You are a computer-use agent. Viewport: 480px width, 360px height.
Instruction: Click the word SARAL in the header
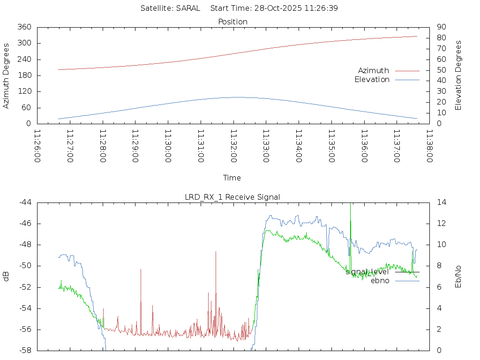click(x=188, y=8)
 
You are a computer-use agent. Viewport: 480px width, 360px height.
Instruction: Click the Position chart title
click(x=232, y=22)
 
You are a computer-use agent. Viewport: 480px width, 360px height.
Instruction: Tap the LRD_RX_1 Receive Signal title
click(x=232, y=197)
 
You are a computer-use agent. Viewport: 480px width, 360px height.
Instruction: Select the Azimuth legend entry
click(x=374, y=70)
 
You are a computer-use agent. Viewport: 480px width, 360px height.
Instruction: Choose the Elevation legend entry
click(x=372, y=80)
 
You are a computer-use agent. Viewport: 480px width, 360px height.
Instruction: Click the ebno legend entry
click(x=380, y=281)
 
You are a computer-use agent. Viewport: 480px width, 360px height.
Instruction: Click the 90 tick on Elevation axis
click(x=441, y=27)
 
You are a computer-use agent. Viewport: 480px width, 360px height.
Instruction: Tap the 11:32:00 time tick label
click(x=233, y=146)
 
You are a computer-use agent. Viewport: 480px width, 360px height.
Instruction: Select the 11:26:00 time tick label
click(x=37, y=146)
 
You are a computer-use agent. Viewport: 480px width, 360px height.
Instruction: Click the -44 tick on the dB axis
click(x=24, y=202)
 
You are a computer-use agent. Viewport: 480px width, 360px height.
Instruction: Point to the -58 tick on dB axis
click(x=24, y=350)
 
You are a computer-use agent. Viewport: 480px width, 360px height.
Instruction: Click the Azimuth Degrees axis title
click(x=7, y=75)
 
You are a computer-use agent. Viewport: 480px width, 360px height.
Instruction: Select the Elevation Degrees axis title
click(x=459, y=75)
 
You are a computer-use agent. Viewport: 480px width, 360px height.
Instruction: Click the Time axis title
click(x=232, y=178)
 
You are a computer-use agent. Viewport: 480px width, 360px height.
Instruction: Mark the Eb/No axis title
click(x=459, y=277)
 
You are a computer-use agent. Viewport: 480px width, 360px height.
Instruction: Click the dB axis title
click(x=7, y=276)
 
